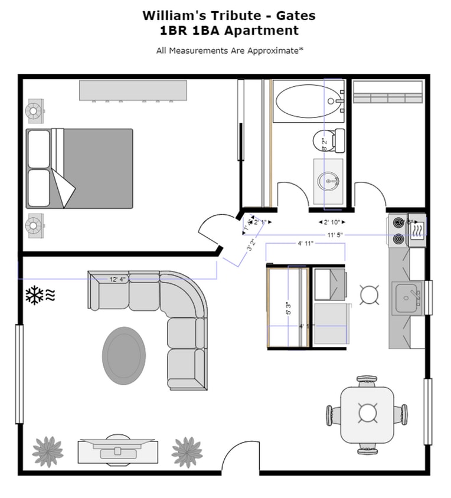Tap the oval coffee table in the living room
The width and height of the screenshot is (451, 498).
[x=123, y=355]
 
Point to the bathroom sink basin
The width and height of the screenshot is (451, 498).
[x=328, y=181]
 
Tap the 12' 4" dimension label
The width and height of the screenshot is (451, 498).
[x=117, y=279]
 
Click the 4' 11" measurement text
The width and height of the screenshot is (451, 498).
[x=305, y=243]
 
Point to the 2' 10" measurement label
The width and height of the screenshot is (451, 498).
[x=332, y=222]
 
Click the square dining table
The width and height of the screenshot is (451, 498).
[x=368, y=414]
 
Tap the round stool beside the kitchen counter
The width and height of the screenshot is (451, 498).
[x=370, y=294]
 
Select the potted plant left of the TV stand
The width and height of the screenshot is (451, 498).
[x=48, y=451]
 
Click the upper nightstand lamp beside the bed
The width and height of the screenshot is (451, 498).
[x=34, y=110]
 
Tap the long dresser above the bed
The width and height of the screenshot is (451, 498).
[x=133, y=90]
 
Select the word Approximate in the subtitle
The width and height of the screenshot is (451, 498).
[x=271, y=51]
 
